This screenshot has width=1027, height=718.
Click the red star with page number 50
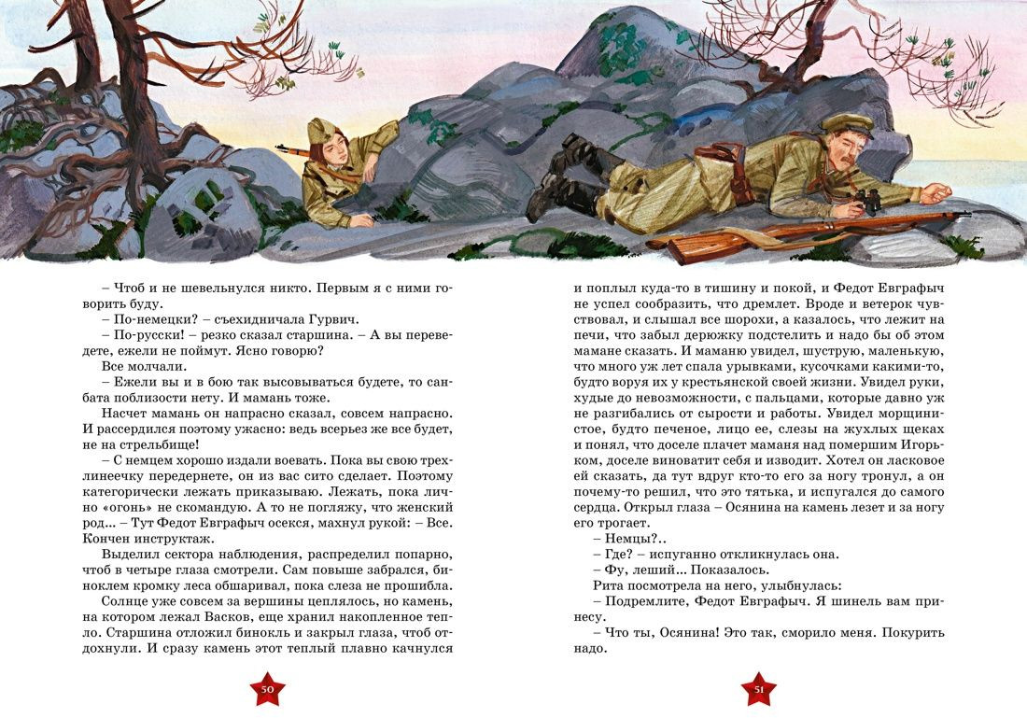267,689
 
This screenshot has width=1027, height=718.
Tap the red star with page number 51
759,689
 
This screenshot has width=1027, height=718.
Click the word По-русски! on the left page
141,334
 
